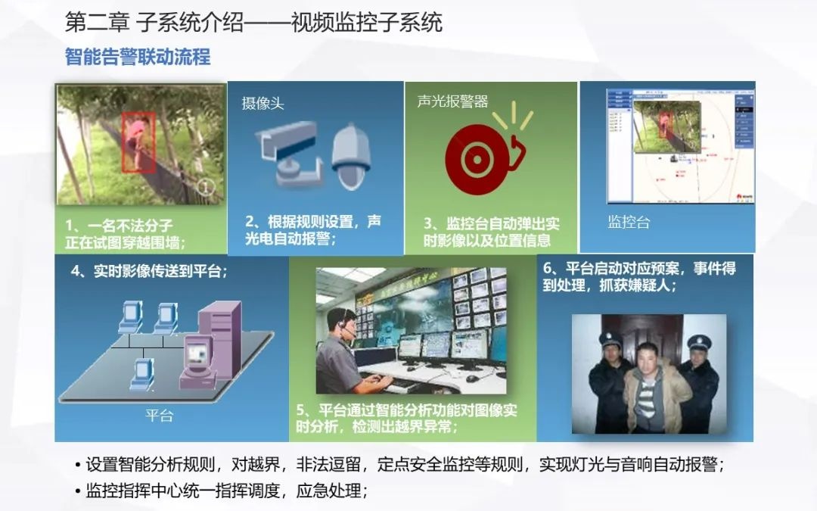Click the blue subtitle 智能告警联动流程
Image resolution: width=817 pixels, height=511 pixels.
tap(137, 57)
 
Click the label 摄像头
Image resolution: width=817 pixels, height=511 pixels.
tap(262, 103)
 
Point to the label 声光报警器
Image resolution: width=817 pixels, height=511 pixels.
tap(452, 101)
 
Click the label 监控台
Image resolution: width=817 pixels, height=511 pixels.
tap(628, 222)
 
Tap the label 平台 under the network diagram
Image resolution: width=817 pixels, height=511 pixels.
tap(159, 415)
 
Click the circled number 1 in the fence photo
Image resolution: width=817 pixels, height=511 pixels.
tap(206, 187)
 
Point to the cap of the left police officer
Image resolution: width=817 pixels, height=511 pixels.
tap(610, 339)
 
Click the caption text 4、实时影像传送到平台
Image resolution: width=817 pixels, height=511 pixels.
tap(149, 270)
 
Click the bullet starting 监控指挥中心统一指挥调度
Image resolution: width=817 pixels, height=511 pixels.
tap(227, 491)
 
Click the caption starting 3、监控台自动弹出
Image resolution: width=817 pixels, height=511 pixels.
tap(492, 232)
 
